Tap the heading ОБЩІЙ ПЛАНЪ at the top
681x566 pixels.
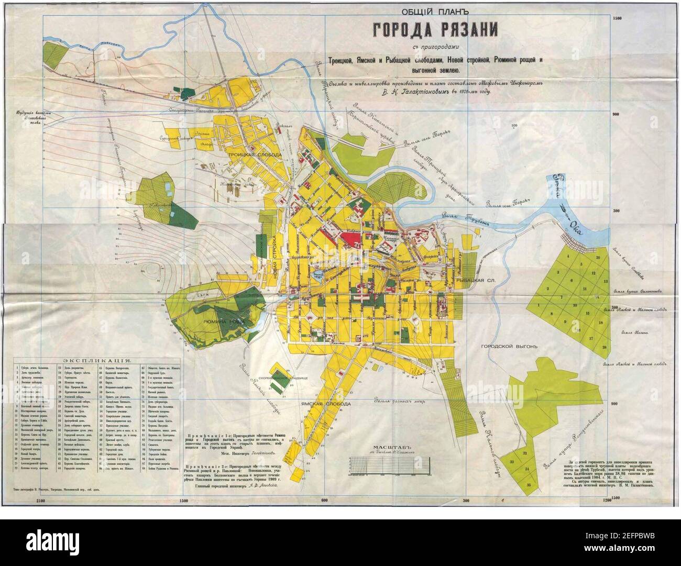pyautogui.click(x=434, y=11)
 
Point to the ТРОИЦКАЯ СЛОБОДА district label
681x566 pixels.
pyautogui.click(x=255, y=156)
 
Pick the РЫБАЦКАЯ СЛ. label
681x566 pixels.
pyautogui.click(x=475, y=281)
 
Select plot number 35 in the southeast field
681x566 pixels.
pyautogui.click(x=529, y=485)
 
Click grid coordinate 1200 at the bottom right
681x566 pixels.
pyautogui.click(x=607, y=502)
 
